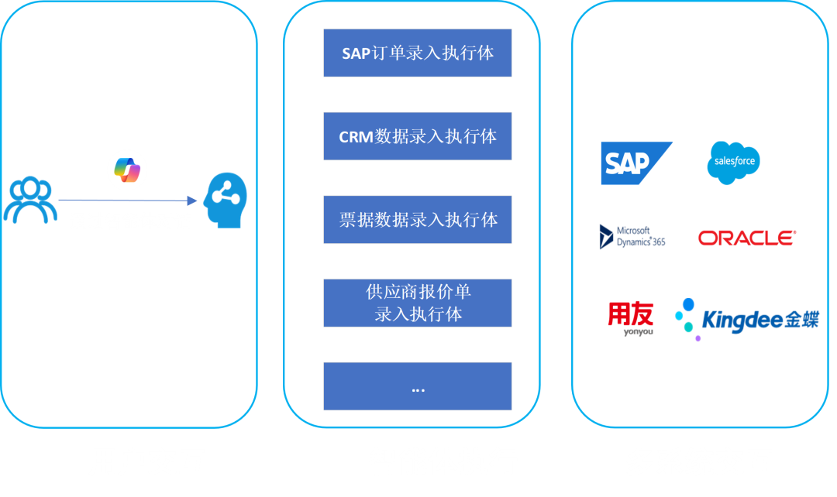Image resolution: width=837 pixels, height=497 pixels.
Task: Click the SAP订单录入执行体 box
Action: pos(418,53)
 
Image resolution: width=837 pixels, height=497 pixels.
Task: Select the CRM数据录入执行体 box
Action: pos(418,136)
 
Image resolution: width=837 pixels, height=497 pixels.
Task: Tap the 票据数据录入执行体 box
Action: pos(418,219)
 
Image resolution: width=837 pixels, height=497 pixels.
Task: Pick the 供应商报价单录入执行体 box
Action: pos(418,303)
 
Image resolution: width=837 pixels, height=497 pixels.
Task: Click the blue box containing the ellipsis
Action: pos(418,386)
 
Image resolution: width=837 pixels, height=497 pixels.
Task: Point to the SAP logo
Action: pos(635,163)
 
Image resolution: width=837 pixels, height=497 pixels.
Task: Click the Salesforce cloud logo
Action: pos(733,163)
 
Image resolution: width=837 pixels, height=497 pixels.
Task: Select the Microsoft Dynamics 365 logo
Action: pos(632,236)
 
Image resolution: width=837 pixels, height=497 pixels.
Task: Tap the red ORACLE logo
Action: pos(746,238)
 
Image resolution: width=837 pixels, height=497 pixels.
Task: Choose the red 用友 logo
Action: pos(630,317)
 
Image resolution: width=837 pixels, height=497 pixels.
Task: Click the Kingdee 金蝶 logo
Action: pos(746,319)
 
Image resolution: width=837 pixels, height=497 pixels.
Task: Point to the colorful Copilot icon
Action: pos(127,170)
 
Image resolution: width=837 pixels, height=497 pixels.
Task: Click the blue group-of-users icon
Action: pos(29,201)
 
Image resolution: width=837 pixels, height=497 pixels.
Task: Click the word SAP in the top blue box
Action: pos(356,54)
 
